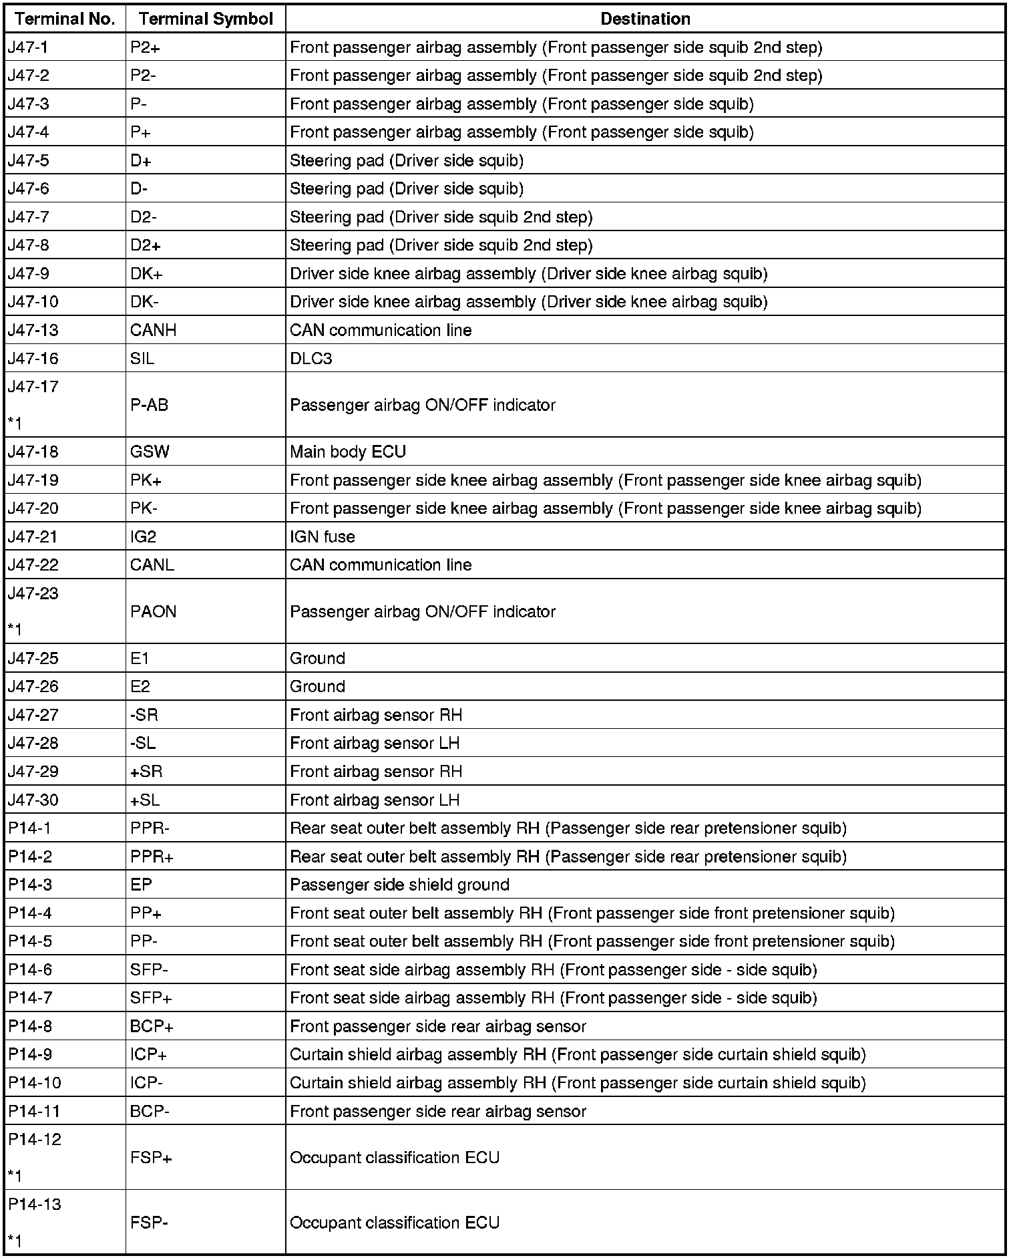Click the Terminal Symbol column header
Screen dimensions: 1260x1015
coord(206,19)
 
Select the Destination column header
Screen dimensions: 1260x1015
coord(645,19)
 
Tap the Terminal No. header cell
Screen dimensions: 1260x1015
coord(65,19)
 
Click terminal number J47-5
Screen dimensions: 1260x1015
coord(29,160)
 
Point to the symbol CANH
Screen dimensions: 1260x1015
coord(153,330)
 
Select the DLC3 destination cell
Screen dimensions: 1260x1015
coord(311,359)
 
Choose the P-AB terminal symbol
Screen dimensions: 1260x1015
coord(149,405)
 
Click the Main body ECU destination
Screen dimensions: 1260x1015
coord(347,452)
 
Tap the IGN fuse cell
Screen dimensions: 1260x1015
coord(322,537)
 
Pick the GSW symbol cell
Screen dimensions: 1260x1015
coord(150,452)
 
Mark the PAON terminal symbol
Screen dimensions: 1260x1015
coord(153,612)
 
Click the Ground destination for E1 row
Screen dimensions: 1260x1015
coord(317,659)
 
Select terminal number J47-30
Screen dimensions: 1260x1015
coord(33,800)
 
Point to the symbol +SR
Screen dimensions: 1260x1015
coord(146,772)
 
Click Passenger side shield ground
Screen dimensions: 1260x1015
coord(399,885)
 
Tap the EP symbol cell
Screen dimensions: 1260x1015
coord(141,885)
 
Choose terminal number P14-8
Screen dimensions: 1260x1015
coord(30,1027)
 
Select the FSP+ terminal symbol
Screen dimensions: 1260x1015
coord(151,1158)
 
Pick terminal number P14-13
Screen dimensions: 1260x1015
coord(34,1205)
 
